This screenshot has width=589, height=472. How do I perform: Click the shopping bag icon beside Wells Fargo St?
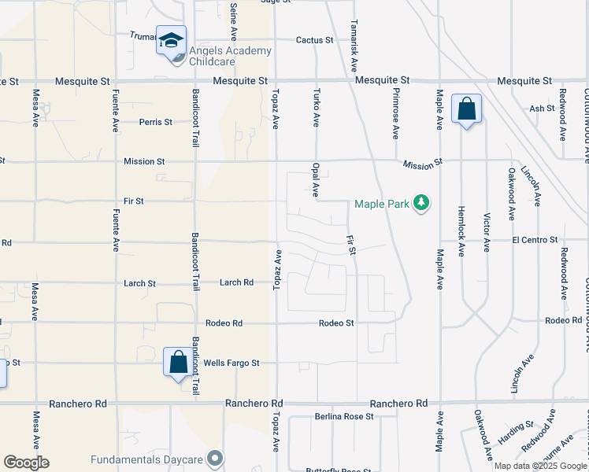coord(178,362)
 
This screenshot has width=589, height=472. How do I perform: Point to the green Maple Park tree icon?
coord(423,204)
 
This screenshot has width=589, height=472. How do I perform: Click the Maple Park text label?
coord(382,205)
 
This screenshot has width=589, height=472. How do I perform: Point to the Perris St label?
coord(156,122)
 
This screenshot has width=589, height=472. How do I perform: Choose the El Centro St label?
coord(535,239)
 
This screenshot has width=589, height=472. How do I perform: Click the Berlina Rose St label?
coord(343,416)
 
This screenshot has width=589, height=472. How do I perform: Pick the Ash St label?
coord(543,109)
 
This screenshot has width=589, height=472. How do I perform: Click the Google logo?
coord(26,463)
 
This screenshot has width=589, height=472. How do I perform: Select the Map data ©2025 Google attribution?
coord(540,466)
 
